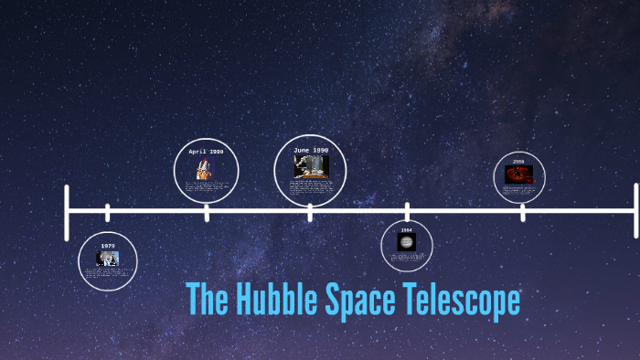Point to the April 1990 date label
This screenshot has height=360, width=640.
coord(206,152)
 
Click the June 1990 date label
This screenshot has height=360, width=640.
coord(311,150)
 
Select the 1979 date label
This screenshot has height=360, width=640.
coord(108,246)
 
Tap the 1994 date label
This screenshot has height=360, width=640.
coord(407,230)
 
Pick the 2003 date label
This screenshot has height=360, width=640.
coord(518,162)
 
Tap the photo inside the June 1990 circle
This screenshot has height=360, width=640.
coord(311,166)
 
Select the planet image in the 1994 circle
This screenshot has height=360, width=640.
coord(407,242)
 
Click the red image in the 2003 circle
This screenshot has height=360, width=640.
coord(518,173)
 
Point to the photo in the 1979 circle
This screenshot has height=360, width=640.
coord(108,258)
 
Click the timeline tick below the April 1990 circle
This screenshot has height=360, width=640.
coord(207,212)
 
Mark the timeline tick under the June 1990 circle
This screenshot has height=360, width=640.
coord(310,212)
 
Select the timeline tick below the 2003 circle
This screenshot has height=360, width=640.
coord(523,212)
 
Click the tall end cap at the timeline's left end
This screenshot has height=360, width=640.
coord(68,212)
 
